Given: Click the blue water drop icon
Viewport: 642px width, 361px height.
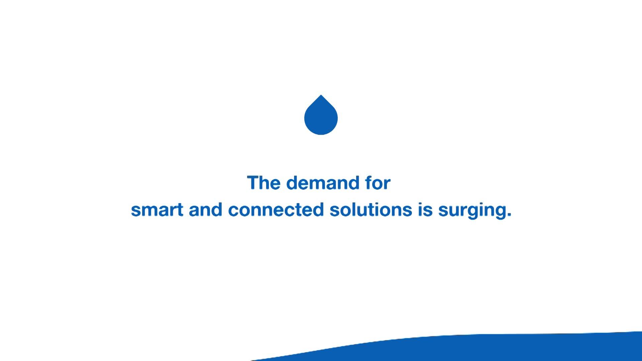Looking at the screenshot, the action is [321, 116].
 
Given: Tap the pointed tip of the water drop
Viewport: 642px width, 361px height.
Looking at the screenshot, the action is [321, 95].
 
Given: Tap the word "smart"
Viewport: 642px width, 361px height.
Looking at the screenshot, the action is [157, 210].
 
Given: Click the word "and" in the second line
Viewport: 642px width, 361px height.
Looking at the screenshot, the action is [206, 210].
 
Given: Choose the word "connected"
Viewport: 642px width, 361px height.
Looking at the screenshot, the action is [276, 210].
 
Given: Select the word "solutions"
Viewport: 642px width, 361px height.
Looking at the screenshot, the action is [371, 210].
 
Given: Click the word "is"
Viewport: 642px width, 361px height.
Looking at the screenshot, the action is [425, 210].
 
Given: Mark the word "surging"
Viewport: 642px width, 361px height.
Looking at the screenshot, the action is [472, 211].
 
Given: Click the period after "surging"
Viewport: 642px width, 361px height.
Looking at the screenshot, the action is [509, 215].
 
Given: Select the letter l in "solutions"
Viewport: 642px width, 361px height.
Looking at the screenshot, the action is [351, 210].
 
